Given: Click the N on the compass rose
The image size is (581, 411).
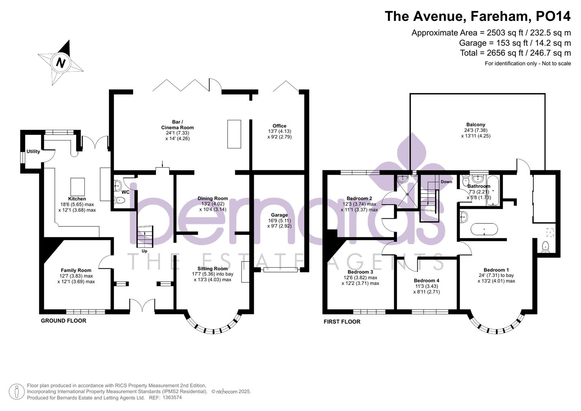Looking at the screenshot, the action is (x=61, y=63).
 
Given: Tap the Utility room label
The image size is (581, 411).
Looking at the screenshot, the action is (x=33, y=151).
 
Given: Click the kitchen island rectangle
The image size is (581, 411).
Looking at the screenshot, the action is (x=78, y=187).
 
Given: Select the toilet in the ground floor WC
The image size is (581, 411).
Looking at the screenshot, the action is (x=119, y=200).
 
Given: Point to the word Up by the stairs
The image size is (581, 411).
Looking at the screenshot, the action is (x=145, y=251).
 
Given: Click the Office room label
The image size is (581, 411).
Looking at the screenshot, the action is (x=279, y=126).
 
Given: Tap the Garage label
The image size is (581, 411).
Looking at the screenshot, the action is (x=279, y=215).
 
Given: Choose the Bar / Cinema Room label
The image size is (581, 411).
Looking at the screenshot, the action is (x=177, y=124).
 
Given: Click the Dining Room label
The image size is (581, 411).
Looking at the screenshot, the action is (x=213, y=198).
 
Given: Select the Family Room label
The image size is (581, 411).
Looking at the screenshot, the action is (x=76, y=270).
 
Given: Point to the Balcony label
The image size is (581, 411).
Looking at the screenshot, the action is (x=476, y=124).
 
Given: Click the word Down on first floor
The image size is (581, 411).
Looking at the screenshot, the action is (x=446, y=182).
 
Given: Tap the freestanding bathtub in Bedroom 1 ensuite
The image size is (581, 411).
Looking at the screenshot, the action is (x=484, y=229).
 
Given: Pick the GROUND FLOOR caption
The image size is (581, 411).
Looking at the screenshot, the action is (x=64, y=321).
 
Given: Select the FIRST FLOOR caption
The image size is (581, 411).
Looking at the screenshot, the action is (x=342, y=322).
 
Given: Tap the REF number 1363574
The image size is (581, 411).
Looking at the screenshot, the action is (x=172, y=398).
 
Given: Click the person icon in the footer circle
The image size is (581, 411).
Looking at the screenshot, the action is (x=17, y=392).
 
